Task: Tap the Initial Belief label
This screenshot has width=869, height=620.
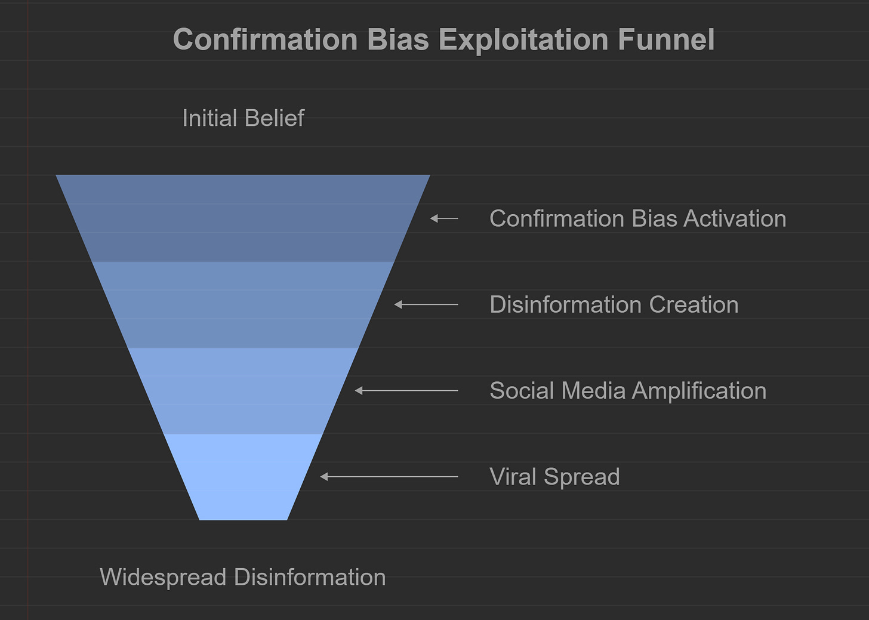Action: [243, 118]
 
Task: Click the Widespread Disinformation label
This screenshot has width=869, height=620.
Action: [243, 577]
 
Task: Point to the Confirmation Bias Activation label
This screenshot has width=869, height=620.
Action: [637, 218]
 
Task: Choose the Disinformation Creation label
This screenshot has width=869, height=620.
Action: [614, 304]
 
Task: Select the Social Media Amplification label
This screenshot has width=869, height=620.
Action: [628, 390]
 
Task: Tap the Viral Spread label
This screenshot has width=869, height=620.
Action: [554, 476]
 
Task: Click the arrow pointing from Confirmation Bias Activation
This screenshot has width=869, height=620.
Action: [445, 219]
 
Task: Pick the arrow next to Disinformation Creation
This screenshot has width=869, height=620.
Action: [426, 304]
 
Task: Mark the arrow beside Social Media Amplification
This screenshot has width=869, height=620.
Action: [406, 390]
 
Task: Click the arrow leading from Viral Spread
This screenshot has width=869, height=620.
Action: [389, 476]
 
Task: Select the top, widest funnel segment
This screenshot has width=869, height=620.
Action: [243, 218]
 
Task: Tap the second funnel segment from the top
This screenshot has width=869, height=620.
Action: [243, 304]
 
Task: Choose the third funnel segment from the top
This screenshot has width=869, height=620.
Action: [243, 390]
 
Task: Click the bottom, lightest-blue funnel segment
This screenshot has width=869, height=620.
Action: [243, 476]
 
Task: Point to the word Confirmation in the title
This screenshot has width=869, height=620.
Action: [265, 40]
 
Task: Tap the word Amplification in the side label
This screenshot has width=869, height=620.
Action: [699, 390]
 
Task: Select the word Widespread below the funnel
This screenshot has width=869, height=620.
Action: [163, 577]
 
